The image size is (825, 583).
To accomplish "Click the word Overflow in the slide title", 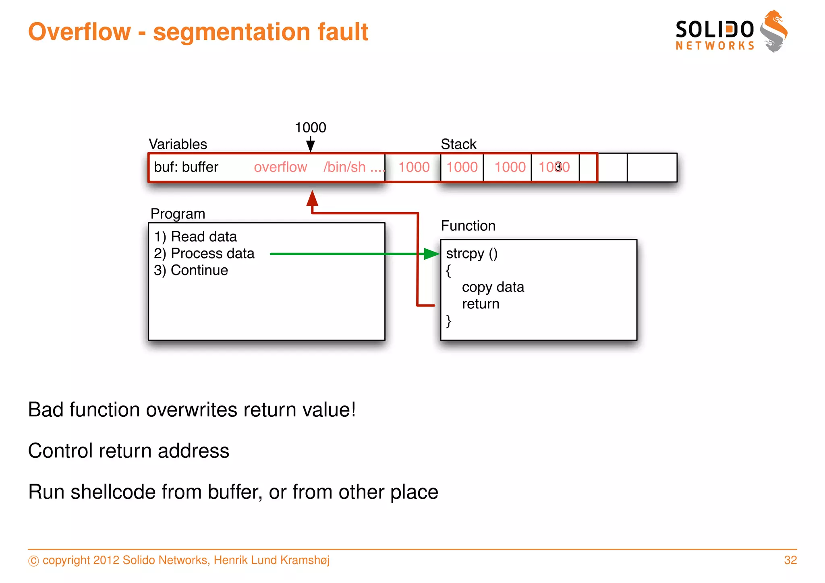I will tap(79, 32).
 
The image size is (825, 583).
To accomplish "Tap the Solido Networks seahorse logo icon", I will tap(773, 31).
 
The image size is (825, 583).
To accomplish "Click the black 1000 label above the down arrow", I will tap(310, 128).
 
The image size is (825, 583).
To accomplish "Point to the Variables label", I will tap(178, 144).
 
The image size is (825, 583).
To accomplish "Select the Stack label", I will tap(458, 144).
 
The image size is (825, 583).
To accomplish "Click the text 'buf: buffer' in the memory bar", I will tap(186, 167).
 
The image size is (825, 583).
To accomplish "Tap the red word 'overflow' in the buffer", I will tap(280, 167).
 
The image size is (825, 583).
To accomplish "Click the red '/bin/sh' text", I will tap(344, 167).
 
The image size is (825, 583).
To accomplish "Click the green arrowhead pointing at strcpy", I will tap(432, 254).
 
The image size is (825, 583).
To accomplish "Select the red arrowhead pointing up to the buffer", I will tap(312, 198).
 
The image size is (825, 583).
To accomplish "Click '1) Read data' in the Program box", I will tap(195, 237).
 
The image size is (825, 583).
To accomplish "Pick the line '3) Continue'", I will tap(191, 270).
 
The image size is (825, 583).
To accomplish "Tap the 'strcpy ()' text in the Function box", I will tap(472, 254).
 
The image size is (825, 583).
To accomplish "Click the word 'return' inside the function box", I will tap(481, 304).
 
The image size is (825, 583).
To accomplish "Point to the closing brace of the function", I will tap(448, 321).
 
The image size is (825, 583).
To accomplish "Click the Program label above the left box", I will tap(178, 214).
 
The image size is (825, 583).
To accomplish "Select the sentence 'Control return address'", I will tap(129, 451).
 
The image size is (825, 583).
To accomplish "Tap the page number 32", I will tap(790, 560).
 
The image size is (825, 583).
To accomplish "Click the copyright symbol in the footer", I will tap(34, 561).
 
